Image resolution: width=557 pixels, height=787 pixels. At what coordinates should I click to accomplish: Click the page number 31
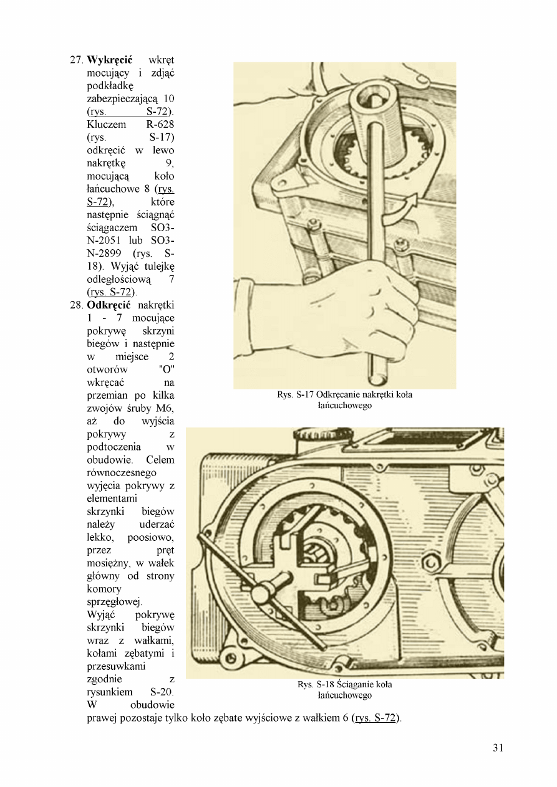497,748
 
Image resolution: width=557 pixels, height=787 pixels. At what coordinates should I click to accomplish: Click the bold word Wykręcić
109,60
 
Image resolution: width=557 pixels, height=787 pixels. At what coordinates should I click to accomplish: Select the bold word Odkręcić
109,305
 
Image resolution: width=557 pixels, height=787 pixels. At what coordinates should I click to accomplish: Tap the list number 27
75,60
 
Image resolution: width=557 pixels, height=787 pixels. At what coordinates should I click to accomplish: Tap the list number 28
75,305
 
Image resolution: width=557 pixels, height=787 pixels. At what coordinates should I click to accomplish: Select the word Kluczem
107,125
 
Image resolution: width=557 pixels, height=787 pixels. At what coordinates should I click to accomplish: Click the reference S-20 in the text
162,692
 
